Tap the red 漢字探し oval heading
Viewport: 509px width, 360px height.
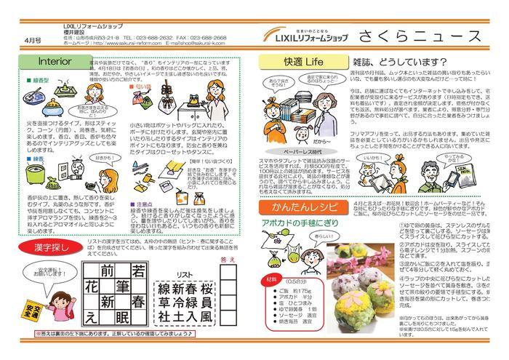pyautogui.click(x=35, y=247)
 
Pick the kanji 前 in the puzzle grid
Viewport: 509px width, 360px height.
pyautogui.click(x=108, y=271)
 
